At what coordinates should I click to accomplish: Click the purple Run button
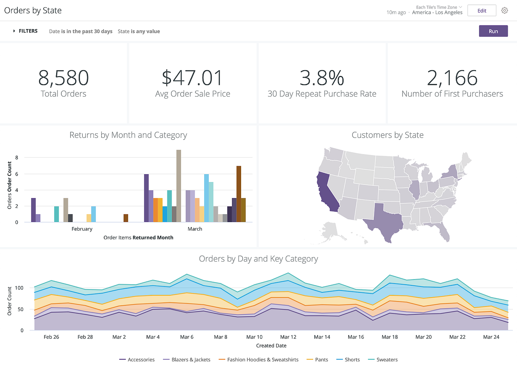pos(493,31)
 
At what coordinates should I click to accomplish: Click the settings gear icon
pos(504,11)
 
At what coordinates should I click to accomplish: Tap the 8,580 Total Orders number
pos(64,78)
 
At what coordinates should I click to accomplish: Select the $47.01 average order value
pos(192,78)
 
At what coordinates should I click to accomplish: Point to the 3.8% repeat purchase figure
pos(322,78)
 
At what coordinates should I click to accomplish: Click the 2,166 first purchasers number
pos(452,78)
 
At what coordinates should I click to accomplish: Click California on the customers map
pos(327,192)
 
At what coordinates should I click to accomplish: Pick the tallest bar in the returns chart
pos(179,186)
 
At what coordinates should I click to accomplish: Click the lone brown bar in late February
pos(126,218)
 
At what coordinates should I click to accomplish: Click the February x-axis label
pos(82,229)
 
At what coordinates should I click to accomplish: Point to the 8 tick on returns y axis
pos(17,158)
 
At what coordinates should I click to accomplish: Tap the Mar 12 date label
pos(288,337)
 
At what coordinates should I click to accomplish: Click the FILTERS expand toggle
pos(14,31)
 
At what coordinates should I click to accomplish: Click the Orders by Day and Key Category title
pos(258,259)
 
